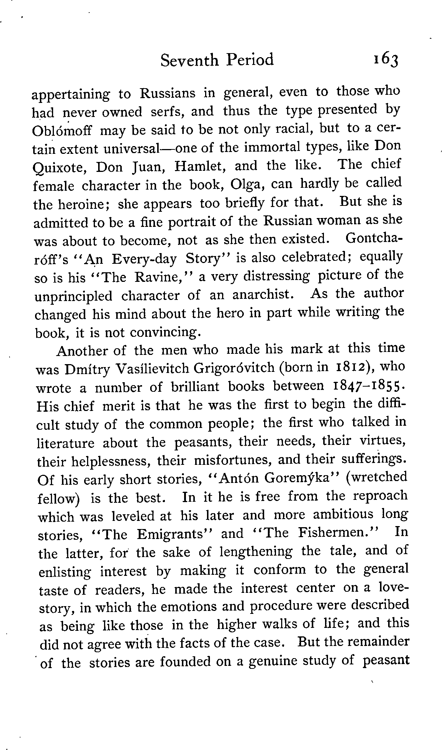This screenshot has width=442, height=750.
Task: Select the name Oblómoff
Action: pyautogui.click(x=65, y=131)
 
